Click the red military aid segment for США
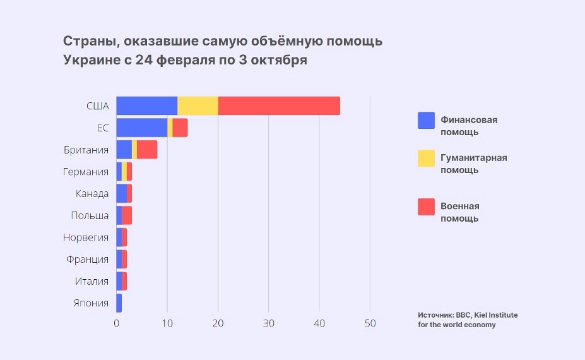click(x=279, y=106)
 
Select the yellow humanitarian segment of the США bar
click(x=198, y=106)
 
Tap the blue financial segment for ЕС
click(x=142, y=128)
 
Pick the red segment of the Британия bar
click(x=147, y=150)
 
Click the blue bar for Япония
click(x=119, y=303)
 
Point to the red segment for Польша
click(x=127, y=215)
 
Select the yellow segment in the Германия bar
click(x=124, y=172)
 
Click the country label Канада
click(x=92, y=194)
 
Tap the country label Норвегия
click(x=86, y=237)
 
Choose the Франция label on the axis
click(x=87, y=260)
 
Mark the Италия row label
click(x=92, y=281)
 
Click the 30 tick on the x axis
click(x=269, y=323)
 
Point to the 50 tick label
click(x=370, y=323)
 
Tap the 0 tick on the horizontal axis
click(x=117, y=323)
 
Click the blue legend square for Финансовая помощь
click(x=426, y=121)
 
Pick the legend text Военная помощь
click(x=459, y=213)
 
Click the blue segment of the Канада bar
click(x=122, y=194)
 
